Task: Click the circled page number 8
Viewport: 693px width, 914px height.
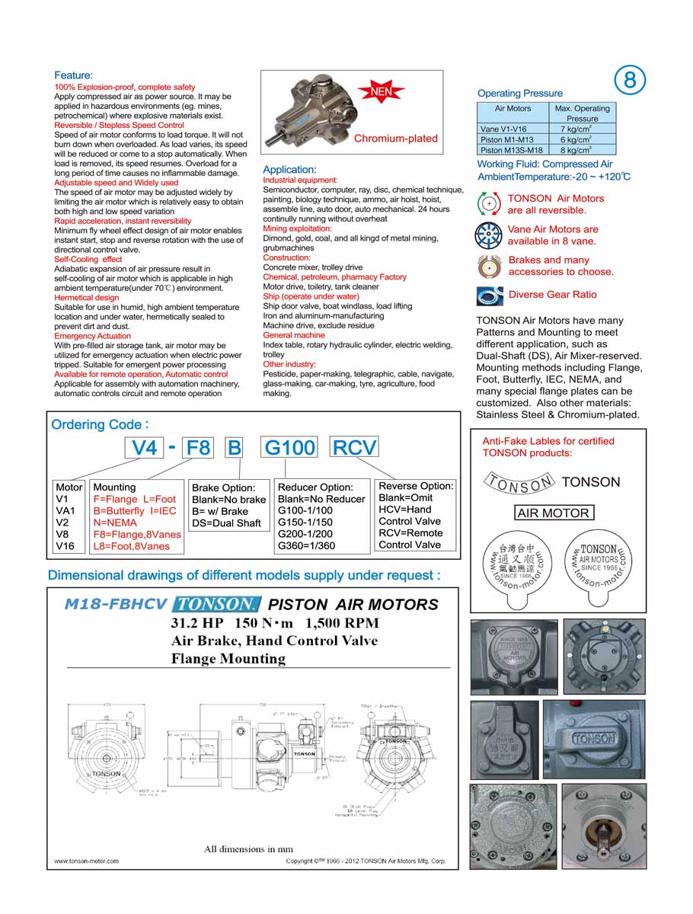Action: [x=629, y=81]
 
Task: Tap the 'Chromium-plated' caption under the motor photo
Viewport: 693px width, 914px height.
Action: [x=395, y=139]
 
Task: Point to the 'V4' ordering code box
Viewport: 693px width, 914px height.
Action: [x=145, y=447]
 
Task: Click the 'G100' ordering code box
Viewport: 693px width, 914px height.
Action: [x=289, y=447]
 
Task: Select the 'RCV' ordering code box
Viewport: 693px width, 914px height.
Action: [x=354, y=447]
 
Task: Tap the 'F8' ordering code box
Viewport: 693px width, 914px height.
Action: [x=198, y=447]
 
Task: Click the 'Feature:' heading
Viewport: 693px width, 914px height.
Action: [x=73, y=75]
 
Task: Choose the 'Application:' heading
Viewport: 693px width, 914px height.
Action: [x=289, y=169]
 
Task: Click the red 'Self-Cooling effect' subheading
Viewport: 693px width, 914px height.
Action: [x=88, y=259]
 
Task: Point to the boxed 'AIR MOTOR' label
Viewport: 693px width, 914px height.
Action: [x=553, y=513]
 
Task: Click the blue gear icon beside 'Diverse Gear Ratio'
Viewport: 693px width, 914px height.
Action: [x=489, y=296]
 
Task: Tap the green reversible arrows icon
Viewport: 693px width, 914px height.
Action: [x=487, y=204]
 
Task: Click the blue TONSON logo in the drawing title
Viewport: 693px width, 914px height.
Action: [x=217, y=605]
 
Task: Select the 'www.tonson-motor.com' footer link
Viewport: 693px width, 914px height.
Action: [x=86, y=861]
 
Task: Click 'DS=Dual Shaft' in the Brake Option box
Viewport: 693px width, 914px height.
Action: [x=226, y=523]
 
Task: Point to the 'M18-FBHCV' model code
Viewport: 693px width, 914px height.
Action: [x=115, y=605]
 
